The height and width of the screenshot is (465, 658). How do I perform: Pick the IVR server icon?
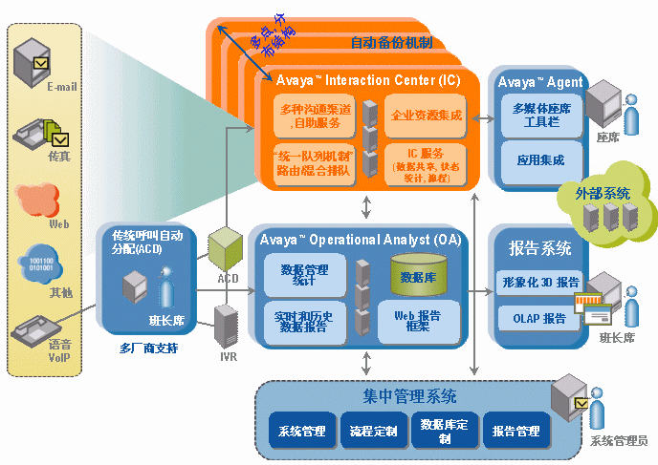pos(226,325)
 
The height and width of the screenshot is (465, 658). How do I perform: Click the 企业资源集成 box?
pos(426,116)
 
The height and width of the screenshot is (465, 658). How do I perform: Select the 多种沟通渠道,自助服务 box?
pos(315,116)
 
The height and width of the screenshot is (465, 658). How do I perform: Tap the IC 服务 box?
pos(426,164)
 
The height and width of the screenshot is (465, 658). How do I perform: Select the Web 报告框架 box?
pos(417,320)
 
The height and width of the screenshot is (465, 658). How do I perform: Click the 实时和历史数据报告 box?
pos(305,321)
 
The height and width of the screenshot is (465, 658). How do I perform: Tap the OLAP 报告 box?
pos(540,317)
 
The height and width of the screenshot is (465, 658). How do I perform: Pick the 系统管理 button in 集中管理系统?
pos(301,431)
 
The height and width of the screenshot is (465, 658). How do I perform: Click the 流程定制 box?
pos(372,431)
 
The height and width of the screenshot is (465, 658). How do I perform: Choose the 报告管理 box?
pos(515,431)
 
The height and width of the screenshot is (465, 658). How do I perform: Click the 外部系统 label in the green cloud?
pos(603,193)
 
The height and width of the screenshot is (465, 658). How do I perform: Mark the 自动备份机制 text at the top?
pos(390,42)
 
